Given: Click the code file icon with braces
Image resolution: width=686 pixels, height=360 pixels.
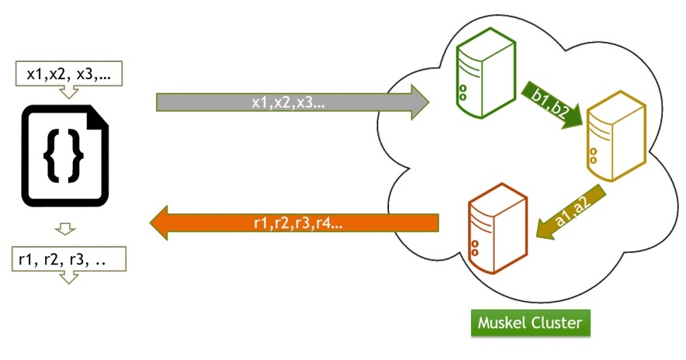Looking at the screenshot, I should point(64,154).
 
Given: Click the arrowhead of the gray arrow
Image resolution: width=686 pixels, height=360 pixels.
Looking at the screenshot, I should point(418,102).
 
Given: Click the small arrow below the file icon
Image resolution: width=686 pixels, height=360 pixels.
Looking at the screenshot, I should point(67,228).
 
